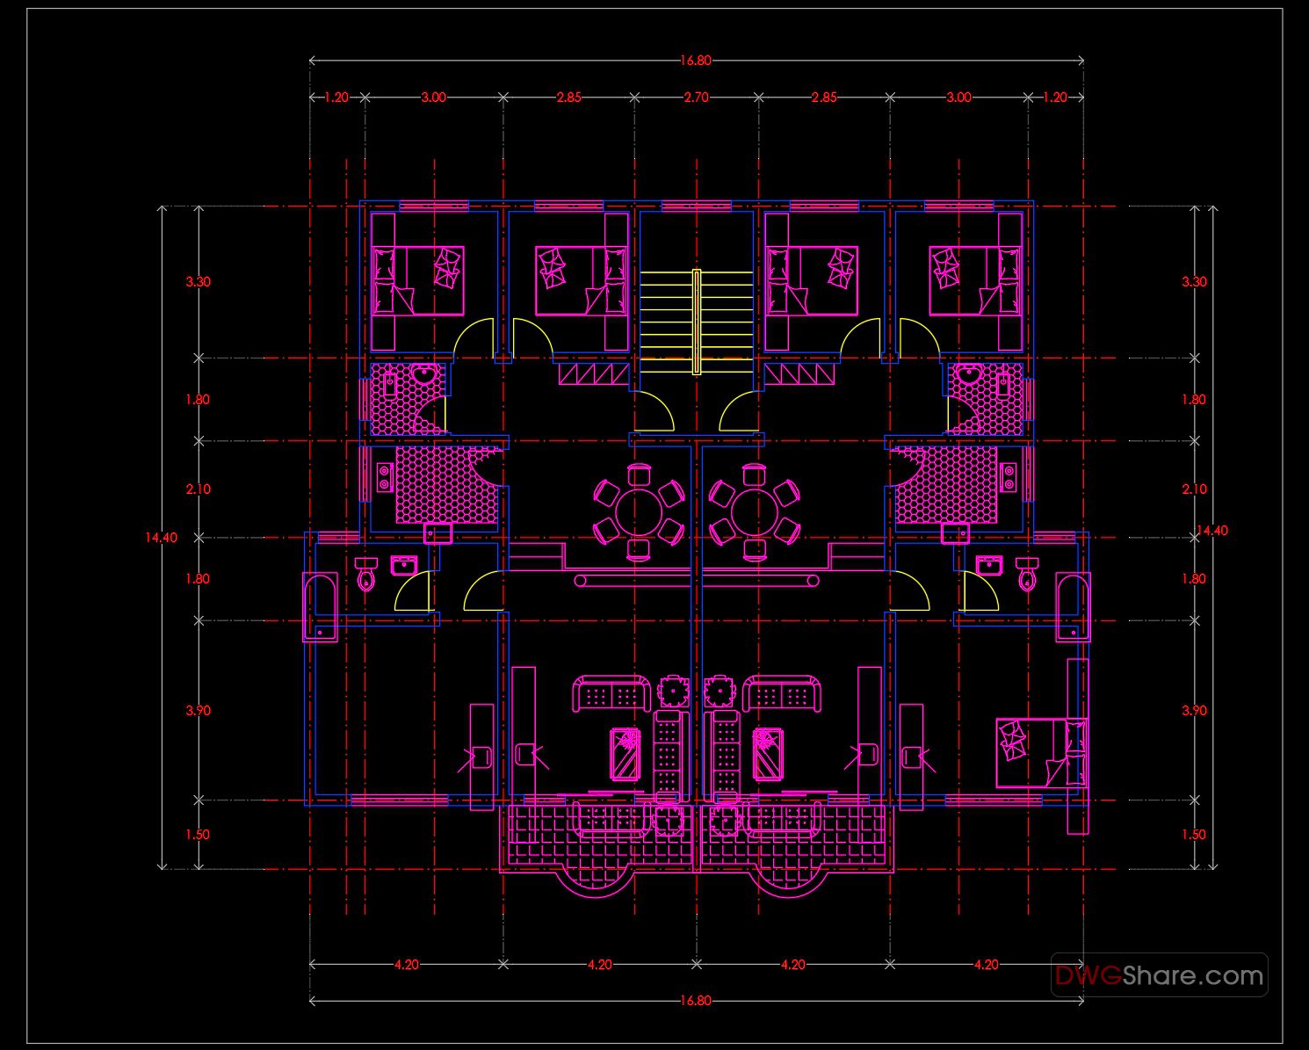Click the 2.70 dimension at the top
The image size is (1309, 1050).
point(696,98)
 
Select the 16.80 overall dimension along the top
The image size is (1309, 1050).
point(695,61)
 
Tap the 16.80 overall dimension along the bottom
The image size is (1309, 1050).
point(695,1000)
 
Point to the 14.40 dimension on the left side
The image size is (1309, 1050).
point(161,538)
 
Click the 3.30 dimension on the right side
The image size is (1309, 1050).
point(1194,282)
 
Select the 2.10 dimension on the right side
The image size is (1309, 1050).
point(1194,489)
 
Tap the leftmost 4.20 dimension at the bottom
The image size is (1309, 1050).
point(406,964)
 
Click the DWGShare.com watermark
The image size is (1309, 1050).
point(1159,975)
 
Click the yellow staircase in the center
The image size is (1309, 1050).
point(696,321)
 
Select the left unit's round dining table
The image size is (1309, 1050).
point(639,511)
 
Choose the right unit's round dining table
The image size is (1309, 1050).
point(753,511)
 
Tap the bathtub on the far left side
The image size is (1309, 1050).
point(320,606)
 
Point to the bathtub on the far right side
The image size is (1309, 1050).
point(1073,606)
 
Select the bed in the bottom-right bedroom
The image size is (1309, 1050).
point(1040,752)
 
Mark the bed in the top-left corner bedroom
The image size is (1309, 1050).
point(418,280)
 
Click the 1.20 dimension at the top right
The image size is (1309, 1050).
point(1054,98)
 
